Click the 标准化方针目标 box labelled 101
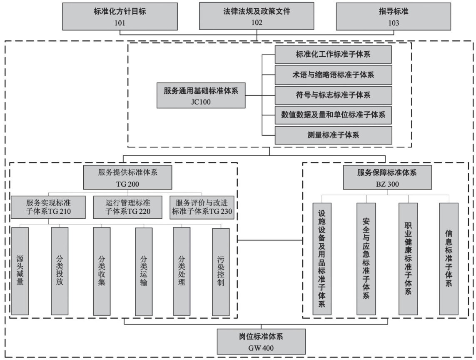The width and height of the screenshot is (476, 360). [x=120, y=16]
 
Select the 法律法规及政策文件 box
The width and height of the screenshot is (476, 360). [x=257, y=16]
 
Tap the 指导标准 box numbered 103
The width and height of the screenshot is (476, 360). [x=393, y=17]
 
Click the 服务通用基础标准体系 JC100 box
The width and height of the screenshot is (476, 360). [x=201, y=95]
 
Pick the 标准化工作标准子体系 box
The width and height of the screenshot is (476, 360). [x=333, y=55]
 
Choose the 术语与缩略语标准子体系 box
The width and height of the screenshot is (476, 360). [x=333, y=75]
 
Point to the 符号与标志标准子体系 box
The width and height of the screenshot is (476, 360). [x=333, y=95]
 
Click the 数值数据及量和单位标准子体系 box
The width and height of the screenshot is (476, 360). [x=333, y=115]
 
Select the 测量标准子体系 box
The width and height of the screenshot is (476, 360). [x=333, y=135]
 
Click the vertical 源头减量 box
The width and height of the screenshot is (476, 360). [x=20, y=271]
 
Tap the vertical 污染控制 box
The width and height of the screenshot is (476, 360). [x=221, y=271]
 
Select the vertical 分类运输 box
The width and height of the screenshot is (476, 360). [x=144, y=271]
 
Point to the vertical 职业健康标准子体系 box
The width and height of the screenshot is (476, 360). [x=408, y=258]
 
